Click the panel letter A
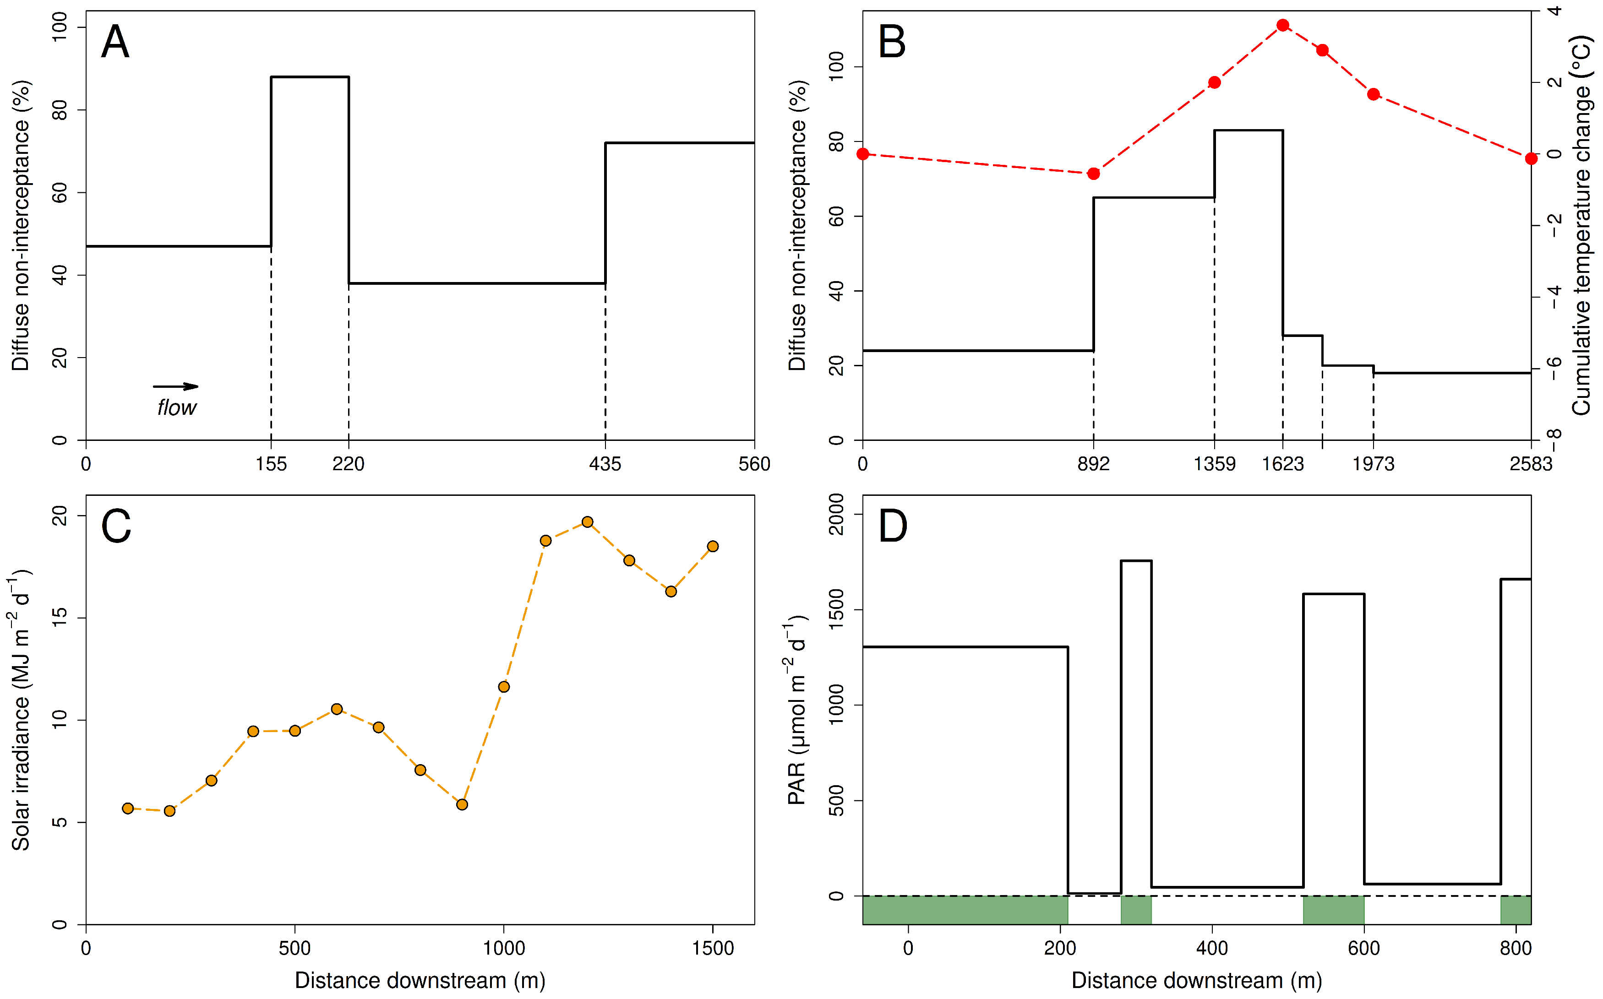[115, 42]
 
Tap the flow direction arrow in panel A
[175, 386]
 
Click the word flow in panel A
[176, 407]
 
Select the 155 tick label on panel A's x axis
[271, 464]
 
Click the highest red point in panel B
[1282, 25]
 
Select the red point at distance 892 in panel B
[1094, 174]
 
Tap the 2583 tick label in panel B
[1530, 464]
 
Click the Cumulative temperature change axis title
[1581, 225]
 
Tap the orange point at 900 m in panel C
[462, 805]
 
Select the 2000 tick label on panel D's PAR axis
[836, 514]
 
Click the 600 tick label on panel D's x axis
[1364, 948]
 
